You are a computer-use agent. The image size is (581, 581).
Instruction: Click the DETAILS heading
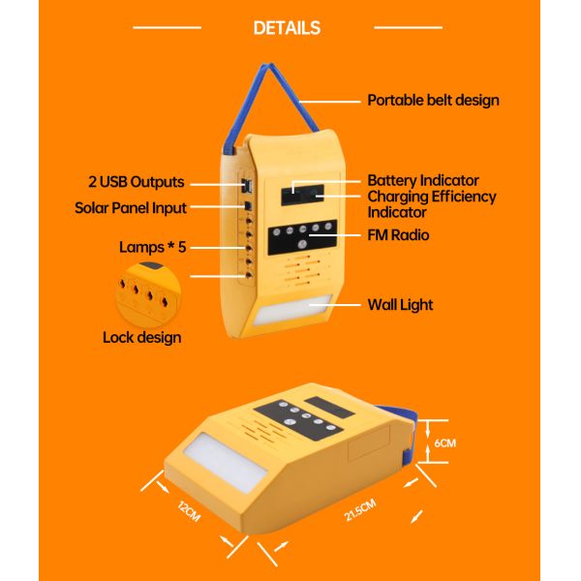(287, 28)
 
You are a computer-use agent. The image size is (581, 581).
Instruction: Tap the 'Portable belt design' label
(433, 100)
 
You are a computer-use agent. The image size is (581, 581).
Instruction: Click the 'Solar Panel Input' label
(131, 207)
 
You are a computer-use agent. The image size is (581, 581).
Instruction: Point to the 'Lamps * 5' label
(152, 247)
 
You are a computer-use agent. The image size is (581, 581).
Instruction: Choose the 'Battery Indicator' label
(423, 181)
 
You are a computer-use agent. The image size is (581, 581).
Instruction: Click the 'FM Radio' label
(398, 235)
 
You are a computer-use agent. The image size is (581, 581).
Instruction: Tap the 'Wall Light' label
(400, 305)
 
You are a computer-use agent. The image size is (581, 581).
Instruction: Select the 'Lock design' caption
(141, 338)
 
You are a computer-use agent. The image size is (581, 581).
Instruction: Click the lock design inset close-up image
(145, 291)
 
